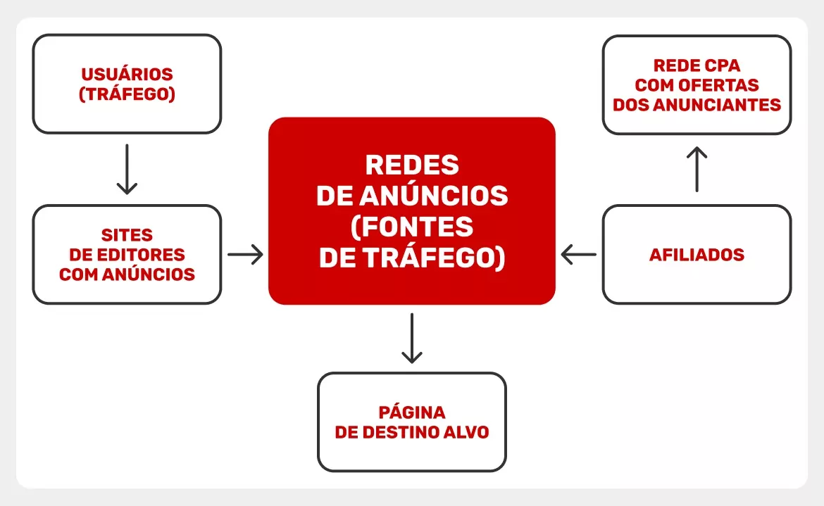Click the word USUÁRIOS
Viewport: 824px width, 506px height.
[x=127, y=75]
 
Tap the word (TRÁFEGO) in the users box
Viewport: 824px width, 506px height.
[x=127, y=94]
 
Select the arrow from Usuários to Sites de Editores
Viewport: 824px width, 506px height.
[x=127, y=169]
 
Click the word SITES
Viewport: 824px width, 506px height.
[x=127, y=235]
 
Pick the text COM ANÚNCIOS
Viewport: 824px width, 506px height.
[x=127, y=274]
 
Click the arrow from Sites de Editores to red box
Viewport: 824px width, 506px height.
[x=245, y=255]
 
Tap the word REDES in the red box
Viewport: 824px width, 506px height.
[x=412, y=165]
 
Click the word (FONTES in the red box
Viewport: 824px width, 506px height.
[x=412, y=227]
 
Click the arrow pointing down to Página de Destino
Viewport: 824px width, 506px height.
[x=412, y=338]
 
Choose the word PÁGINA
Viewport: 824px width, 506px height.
[x=412, y=412]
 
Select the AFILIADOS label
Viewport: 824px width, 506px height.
[x=697, y=255]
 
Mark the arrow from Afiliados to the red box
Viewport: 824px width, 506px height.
[x=579, y=255]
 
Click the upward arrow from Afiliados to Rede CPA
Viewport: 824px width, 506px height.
[x=697, y=169]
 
